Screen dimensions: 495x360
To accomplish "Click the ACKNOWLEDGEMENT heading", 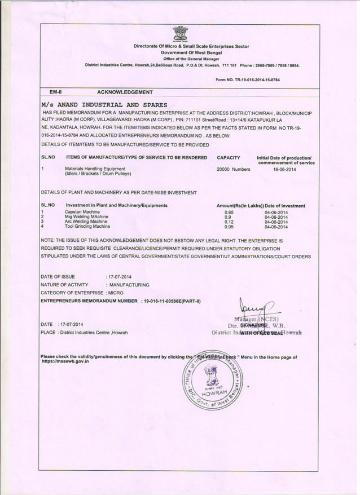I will pyautogui.click(x=125, y=91).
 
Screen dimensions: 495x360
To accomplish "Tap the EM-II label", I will pyautogui.click(x=55, y=91).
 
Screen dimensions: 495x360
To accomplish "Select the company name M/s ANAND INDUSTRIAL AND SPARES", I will pyautogui.click(x=104, y=105).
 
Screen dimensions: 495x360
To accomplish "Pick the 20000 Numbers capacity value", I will pyautogui.click(x=233, y=169).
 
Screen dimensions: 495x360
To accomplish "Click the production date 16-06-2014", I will pyautogui.click(x=284, y=169).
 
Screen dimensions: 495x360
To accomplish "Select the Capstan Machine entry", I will pyautogui.click(x=82, y=211).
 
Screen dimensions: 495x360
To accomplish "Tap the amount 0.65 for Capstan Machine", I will pyautogui.click(x=229, y=212).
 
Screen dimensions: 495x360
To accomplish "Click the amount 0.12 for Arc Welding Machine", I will pyautogui.click(x=229, y=222).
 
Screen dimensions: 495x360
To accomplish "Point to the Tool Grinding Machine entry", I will pyautogui.click(x=87, y=226).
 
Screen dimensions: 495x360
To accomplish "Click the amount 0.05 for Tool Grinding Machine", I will pyautogui.click(x=229, y=227).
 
